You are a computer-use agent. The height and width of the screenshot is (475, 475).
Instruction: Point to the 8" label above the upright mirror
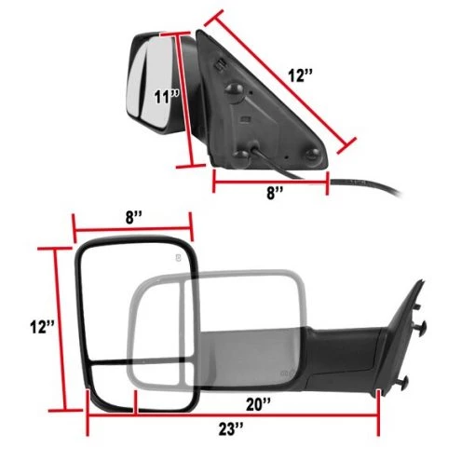pos(133,218)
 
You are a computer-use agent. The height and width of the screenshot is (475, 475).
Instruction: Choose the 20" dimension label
pos(259,403)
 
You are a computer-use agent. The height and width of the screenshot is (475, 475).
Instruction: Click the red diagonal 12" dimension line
pos(278,78)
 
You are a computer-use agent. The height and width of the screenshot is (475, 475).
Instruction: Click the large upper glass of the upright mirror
pos(135,298)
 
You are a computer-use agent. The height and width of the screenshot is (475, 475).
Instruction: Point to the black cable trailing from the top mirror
pos(373,186)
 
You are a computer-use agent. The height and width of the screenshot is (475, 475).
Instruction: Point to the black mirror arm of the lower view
pos(345,349)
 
